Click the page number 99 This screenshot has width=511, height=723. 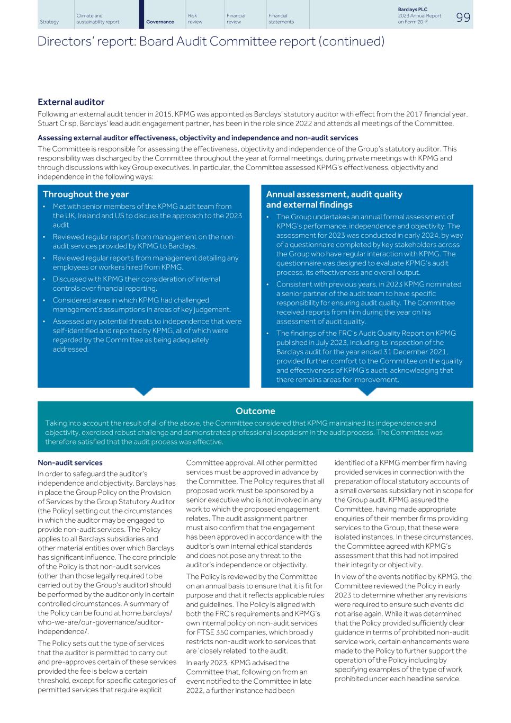pyautogui.click(x=463, y=17)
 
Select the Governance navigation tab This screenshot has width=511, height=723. pyautogui.click(x=160, y=22)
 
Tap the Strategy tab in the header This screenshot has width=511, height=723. pyautogui.click(x=49, y=22)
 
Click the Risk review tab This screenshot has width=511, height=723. pyautogui.click(x=195, y=19)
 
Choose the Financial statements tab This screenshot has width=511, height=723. pyautogui.click(x=281, y=19)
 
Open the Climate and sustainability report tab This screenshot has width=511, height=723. pyautogui.click(x=97, y=19)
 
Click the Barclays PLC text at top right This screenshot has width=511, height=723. pyautogui.click(x=413, y=10)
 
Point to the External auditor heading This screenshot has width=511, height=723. pyautogui.click(x=71, y=102)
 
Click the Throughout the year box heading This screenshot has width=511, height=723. pyautogui.click(x=85, y=194)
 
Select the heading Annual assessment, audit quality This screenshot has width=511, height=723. pyautogui.click(x=334, y=194)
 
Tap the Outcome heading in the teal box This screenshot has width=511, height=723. pyautogui.click(x=255, y=411)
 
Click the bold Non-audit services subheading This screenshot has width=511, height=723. pyautogui.click(x=70, y=463)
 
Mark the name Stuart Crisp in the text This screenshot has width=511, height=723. pyautogui.click(x=57, y=124)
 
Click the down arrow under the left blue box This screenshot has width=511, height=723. pyautogui.click(x=144, y=391)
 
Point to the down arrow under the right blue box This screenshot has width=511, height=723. pyautogui.click(x=366, y=391)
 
